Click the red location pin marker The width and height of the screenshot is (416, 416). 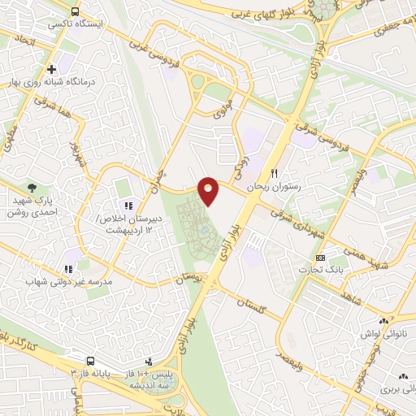click(209, 191)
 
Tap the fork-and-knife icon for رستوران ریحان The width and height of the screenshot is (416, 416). click(275, 173)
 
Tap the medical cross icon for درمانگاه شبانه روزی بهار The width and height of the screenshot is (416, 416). click(52, 70)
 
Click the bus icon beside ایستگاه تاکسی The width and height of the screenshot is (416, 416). click(75, 12)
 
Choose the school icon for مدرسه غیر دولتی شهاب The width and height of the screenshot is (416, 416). click(68, 267)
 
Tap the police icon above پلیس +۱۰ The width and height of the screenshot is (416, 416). click(148, 361)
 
